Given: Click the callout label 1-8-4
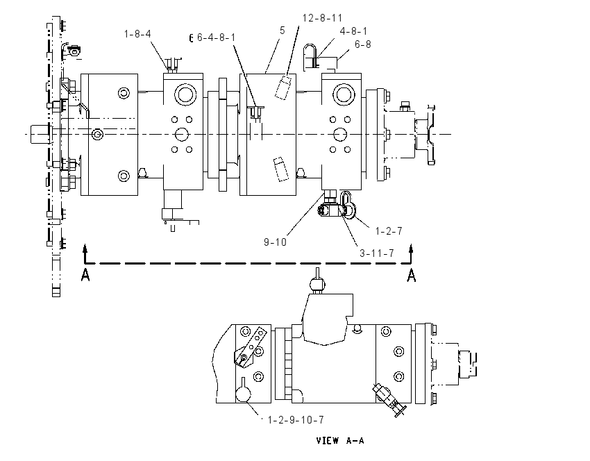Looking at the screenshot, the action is click(x=137, y=34).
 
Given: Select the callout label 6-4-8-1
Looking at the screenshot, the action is click(x=217, y=37).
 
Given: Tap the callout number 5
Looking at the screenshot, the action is click(x=283, y=31).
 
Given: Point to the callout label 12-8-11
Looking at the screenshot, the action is click(x=323, y=17).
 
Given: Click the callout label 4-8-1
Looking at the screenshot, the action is click(x=353, y=31).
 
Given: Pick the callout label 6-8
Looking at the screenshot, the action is click(x=363, y=44).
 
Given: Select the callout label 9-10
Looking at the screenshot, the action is click(x=275, y=242).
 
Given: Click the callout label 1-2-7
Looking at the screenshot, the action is click(x=389, y=230).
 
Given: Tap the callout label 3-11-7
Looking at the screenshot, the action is click(x=377, y=253).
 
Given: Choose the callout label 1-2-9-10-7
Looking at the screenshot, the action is click(x=296, y=419).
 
